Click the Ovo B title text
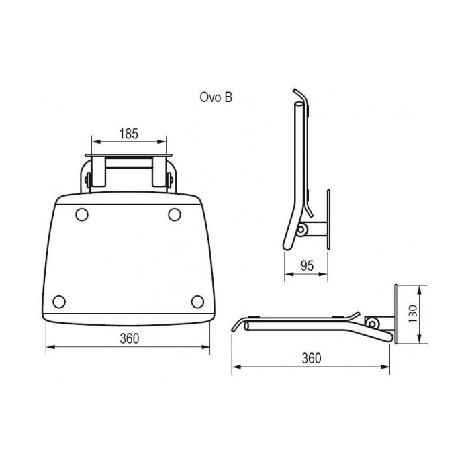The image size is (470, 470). point(216,97)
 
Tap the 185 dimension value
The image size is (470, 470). point(129,134)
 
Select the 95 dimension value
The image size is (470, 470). point(307,266)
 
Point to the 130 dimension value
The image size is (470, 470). point(413,314)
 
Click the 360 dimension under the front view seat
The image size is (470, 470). point(130,338)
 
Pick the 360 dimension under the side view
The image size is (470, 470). point(312,358)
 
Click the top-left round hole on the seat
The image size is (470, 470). point(82,215)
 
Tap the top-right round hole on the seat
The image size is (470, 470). point(175,215)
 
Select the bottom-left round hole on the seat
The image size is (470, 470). point(59,301)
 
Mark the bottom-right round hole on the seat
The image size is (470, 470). point(197,301)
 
